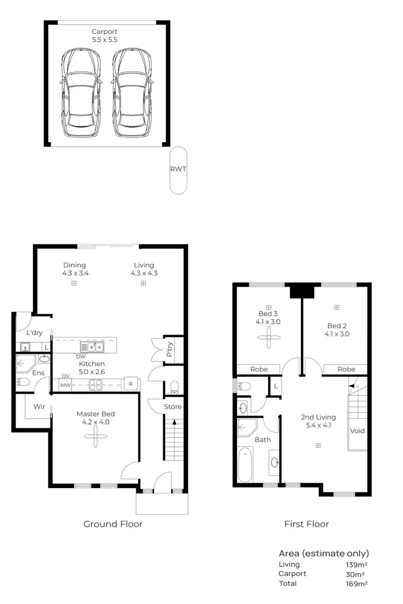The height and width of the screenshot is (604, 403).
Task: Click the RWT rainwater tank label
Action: (178, 169)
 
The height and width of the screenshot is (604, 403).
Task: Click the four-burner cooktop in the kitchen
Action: (96, 384)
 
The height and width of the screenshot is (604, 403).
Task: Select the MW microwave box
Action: (66, 385)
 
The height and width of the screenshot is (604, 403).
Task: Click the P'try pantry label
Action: (170, 350)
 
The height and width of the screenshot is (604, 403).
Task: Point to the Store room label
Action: (172, 406)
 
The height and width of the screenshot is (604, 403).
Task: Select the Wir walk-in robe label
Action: (39, 406)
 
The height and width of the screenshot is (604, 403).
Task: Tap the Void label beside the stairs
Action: (357, 431)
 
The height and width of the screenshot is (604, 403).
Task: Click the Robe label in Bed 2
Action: (347, 369)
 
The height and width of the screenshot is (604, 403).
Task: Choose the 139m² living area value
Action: (356, 565)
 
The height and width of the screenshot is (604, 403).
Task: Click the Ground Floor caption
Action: (113, 524)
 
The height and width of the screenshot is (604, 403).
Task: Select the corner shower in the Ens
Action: (25, 363)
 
